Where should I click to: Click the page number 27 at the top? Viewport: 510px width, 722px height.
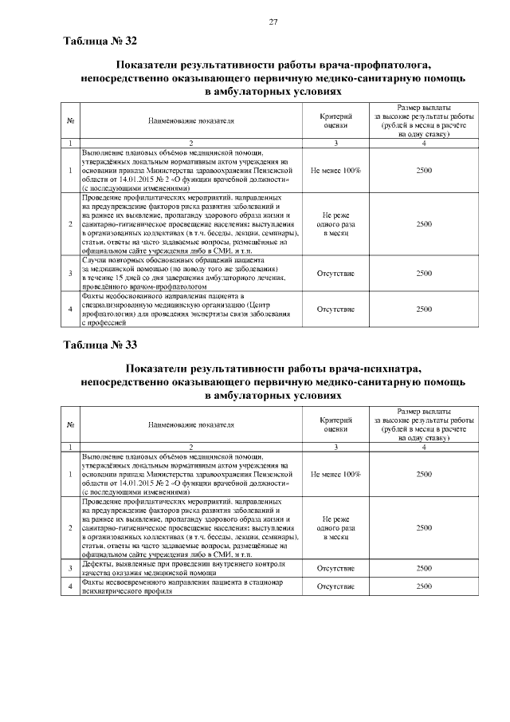pos(273,22)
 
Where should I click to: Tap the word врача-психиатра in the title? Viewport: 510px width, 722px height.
pos(372,367)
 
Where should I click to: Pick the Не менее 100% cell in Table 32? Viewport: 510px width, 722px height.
pos(335,171)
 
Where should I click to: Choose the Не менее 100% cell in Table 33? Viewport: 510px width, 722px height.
pos(335,474)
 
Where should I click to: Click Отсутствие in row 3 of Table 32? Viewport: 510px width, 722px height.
pos(335,273)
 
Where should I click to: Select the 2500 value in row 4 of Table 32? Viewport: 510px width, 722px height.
pos(424,309)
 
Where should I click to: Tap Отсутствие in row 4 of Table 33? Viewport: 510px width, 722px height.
pos(335,586)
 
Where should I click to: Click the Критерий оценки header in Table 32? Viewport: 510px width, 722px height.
pos(335,120)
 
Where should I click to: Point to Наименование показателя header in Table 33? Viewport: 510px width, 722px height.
pos(191,424)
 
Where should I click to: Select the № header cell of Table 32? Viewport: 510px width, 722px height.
pos(71,120)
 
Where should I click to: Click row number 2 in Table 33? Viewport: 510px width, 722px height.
pos(71,528)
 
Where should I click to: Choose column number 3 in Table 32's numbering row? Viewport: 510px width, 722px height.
pos(335,143)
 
